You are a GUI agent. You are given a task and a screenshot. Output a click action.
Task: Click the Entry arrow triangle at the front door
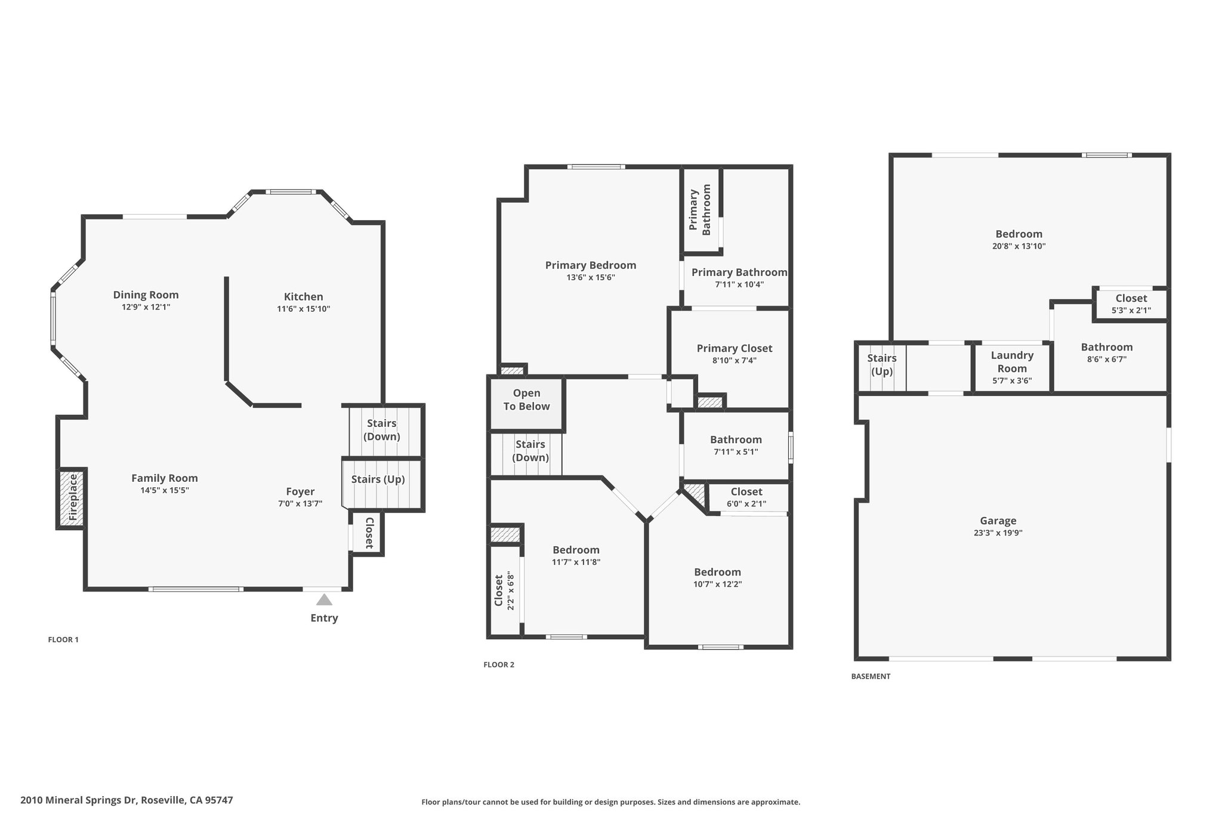(x=324, y=599)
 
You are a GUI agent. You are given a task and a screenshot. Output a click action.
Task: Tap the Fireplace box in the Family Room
(x=72, y=499)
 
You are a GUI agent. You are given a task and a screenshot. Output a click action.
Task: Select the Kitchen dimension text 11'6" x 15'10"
(x=303, y=309)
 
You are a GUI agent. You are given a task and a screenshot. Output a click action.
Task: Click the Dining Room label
(x=146, y=295)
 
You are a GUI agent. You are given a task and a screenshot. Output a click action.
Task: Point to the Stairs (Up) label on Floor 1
(x=378, y=479)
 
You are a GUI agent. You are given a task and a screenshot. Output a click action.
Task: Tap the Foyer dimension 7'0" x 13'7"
(x=300, y=503)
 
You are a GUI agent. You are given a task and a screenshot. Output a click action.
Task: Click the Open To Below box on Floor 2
(x=527, y=403)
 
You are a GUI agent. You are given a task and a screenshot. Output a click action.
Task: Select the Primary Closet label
(x=735, y=348)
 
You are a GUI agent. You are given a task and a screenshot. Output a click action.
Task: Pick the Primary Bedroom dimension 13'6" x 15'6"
(x=591, y=277)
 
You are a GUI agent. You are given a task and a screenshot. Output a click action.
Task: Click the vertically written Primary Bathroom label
(x=700, y=209)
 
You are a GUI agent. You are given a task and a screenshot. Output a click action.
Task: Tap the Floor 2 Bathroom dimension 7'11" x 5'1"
(x=736, y=452)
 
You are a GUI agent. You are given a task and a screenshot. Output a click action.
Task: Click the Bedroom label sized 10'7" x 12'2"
(x=717, y=572)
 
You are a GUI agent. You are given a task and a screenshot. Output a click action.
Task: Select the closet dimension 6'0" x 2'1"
(x=746, y=504)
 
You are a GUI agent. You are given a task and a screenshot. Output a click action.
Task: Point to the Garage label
(x=998, y=521)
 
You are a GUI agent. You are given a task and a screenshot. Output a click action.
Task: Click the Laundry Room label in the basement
(x=1012, y=362)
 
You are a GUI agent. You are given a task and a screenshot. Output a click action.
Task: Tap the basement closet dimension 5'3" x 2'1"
(x=1131, y=310)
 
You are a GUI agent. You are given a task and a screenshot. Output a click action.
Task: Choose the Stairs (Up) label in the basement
(x=882, y=365)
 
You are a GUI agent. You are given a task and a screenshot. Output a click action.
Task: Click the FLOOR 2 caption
(x=499, y=665)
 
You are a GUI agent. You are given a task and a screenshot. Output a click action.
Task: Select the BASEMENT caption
(x=871, y=677)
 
